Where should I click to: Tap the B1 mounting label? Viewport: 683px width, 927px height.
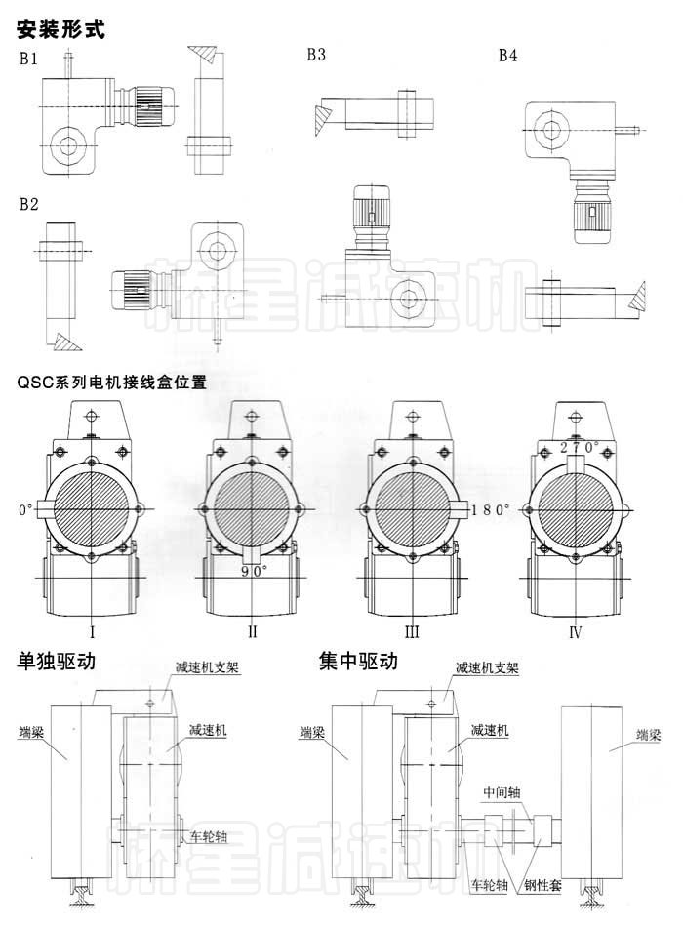pyautogui.click(x=29, y=58)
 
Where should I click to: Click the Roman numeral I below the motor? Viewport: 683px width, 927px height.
pyautogui.click(x=91, y=632)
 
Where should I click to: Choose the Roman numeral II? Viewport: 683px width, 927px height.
pyautogui.click(x=253, y=632)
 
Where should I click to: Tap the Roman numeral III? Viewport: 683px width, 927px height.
pyautogui.click(x=412, y=632)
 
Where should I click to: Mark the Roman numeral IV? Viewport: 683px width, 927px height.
pyautogui.click(x=575, y=632)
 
